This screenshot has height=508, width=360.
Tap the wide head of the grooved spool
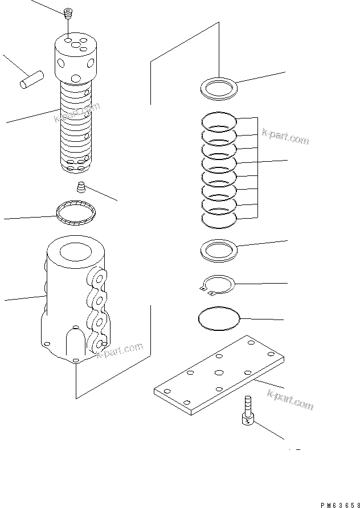[x=77, y=57]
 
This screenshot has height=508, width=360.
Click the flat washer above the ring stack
[x=219, y=88]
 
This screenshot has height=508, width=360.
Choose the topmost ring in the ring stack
[x=219, y=121]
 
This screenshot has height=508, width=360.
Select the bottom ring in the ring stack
[x=219, y=218]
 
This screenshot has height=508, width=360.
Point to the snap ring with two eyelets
[x=219, y=284]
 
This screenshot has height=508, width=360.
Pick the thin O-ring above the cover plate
[x=219, y=318]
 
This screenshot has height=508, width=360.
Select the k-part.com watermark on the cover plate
[x=291, y=398]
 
